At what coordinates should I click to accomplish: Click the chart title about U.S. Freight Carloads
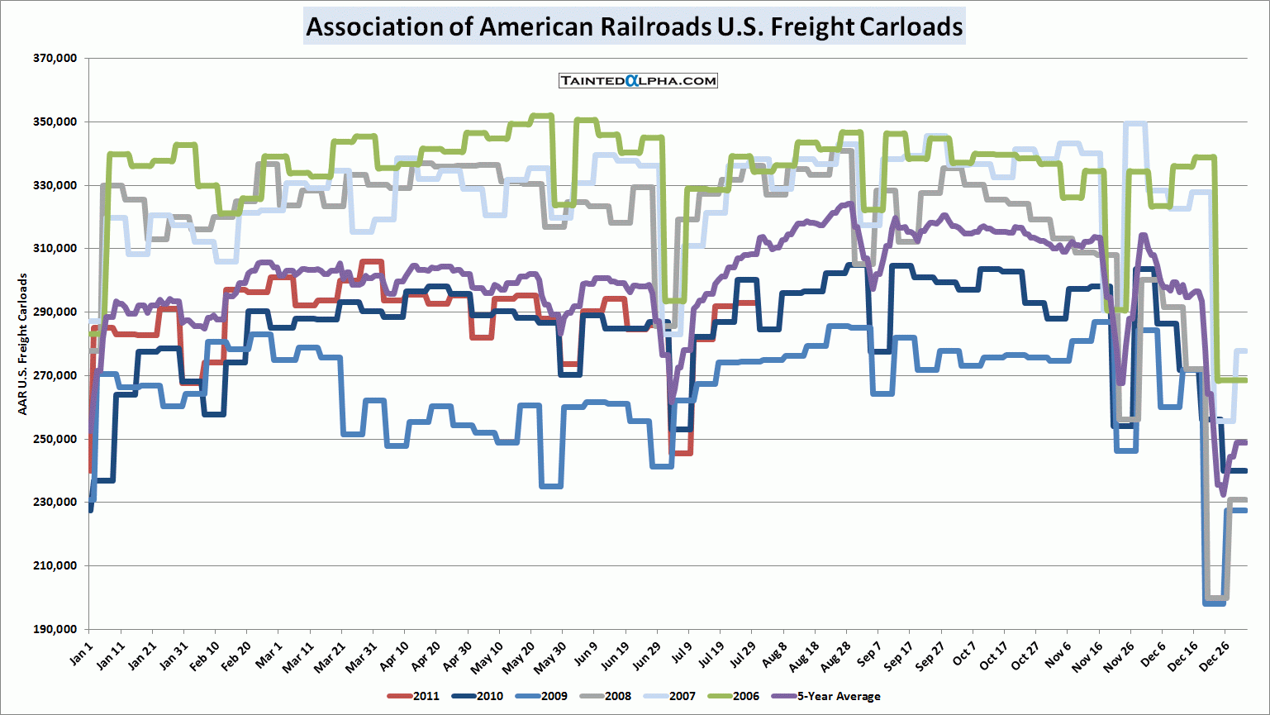click(634, 26)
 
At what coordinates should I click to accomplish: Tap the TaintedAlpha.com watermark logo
click(638, 80)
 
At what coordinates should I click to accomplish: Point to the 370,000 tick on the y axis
click(55, 59)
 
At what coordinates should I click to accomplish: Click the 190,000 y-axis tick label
click(55, 629)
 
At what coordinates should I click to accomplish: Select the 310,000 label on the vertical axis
click(55, 249)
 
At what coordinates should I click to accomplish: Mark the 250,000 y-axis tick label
click(55, 439)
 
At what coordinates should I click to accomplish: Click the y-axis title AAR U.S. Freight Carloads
click(22, 344)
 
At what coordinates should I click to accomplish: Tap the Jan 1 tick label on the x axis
click(82, 654)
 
